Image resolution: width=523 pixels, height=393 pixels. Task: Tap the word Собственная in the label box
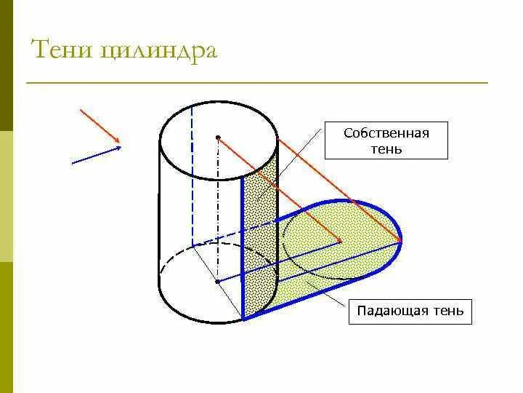[x=386, y=133]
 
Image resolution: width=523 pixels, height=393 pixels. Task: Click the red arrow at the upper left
[x=102, y=126]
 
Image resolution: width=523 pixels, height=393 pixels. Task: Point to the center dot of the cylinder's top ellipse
[x=217, y=137]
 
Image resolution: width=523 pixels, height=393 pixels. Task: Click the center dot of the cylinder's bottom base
[x=217, y=280]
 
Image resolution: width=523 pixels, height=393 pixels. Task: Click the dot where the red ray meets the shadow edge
[x=401, y=241]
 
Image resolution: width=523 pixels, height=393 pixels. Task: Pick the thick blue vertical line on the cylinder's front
[x=242, y=247]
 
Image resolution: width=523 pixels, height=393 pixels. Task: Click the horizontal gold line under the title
[x=254, y=82]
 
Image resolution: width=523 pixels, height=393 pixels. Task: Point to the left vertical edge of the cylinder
[x=159, y=218]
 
